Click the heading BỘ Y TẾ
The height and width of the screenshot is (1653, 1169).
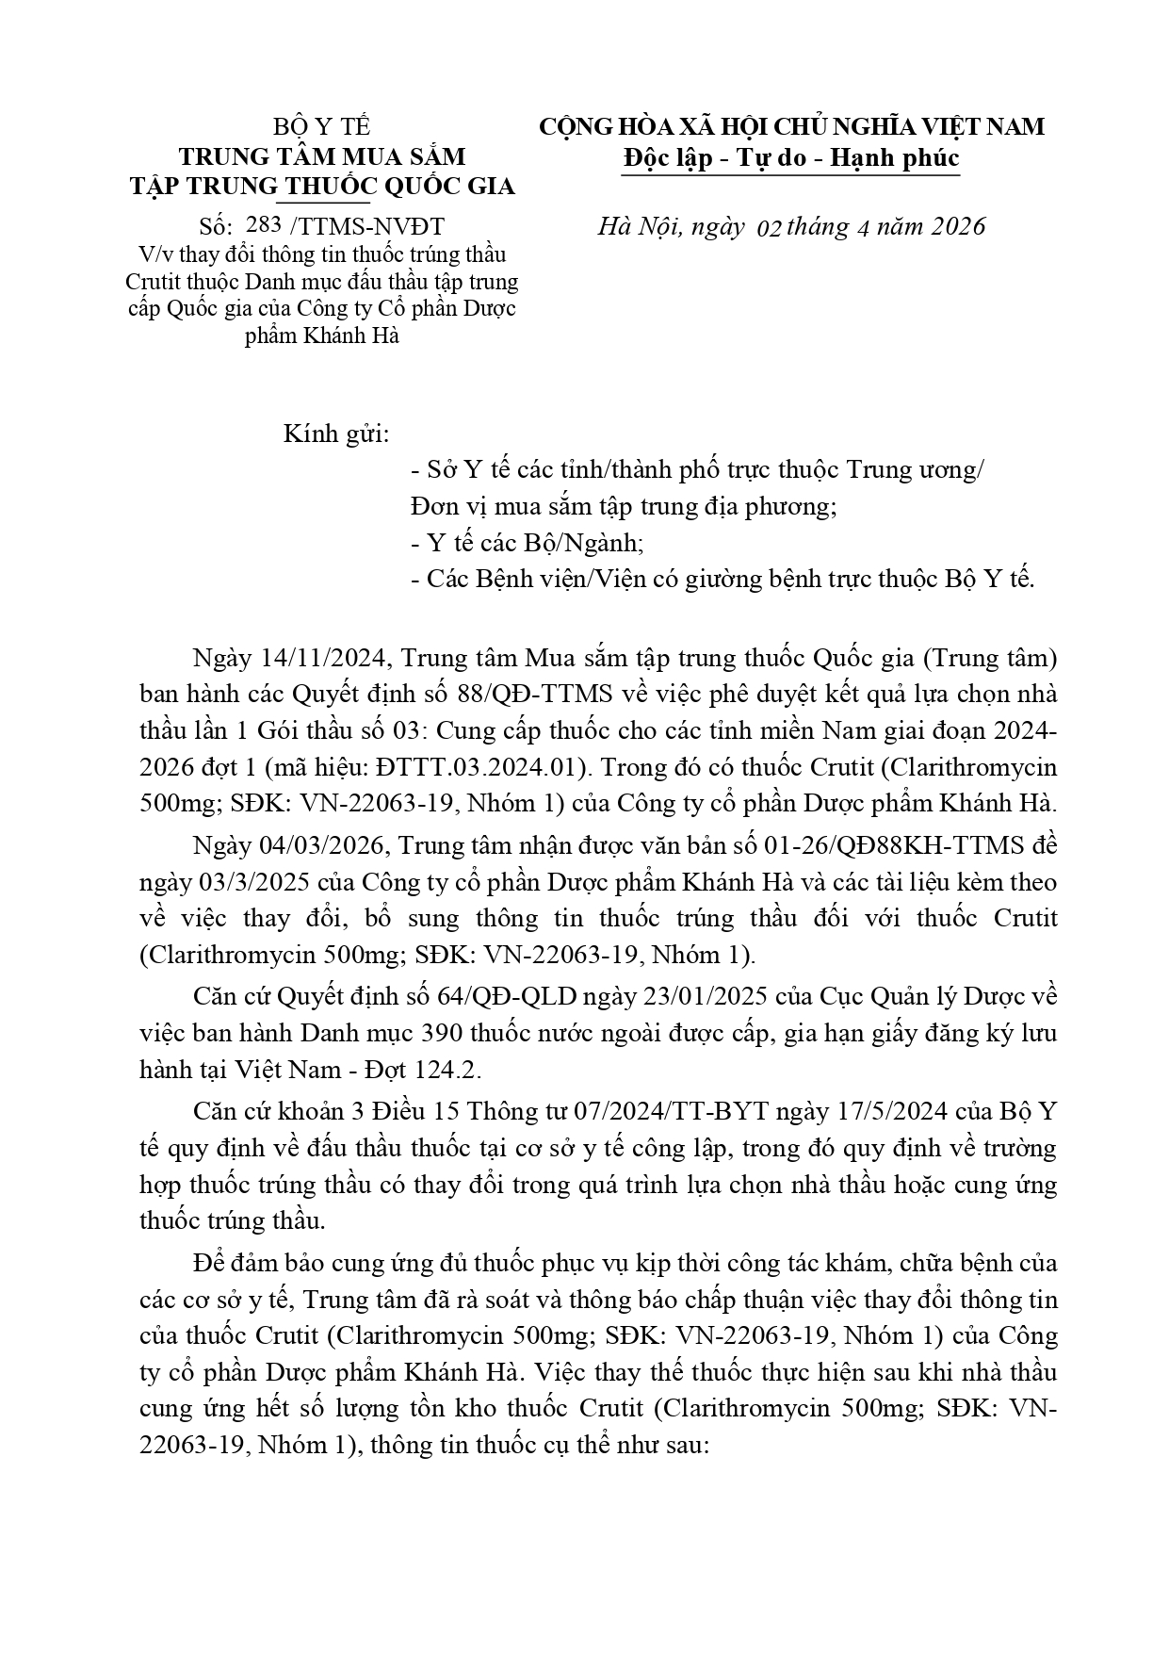point(322,127)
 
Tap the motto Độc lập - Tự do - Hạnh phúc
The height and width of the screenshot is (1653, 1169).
point(791,157)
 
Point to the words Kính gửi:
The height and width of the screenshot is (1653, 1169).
point(336,434)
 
